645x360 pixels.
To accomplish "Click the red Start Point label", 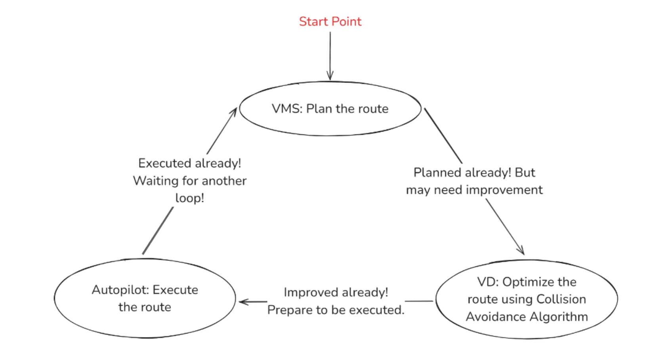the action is coord(330,22).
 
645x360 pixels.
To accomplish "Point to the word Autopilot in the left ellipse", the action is coord(120,290).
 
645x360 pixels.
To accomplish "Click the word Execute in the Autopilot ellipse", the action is coord(176,290).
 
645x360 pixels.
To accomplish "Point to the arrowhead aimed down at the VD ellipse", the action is coord(520,250).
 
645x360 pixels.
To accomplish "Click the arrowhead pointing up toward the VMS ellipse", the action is coord(233,113).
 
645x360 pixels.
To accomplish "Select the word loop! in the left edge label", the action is coord(190,198).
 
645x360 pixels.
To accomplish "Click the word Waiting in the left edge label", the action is coord(156,181).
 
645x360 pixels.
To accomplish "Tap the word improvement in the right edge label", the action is coord(504,190).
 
